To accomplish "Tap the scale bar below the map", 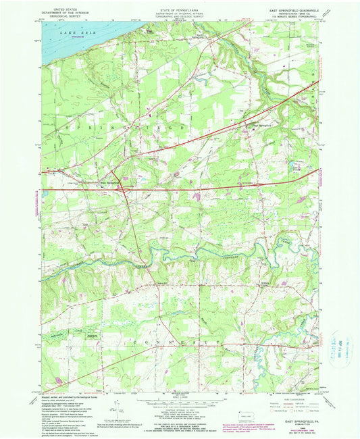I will tap(178, 403).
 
